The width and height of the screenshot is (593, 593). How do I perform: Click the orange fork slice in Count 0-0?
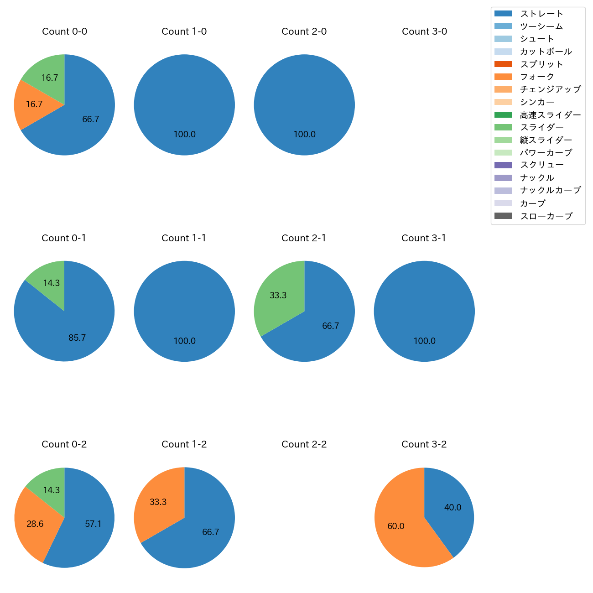(x=34, y=104)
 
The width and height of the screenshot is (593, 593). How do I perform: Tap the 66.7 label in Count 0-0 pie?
(x=90, y=120)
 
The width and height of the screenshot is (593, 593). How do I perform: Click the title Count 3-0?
(x=424, y=31)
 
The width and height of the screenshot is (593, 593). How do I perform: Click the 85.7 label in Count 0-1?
(x=77, y=338)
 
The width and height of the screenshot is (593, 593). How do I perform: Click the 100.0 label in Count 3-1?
(x=424, y=341)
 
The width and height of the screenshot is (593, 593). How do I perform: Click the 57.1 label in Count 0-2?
(x=93, y=524)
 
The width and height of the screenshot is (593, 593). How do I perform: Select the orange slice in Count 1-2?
(x=158, y=502)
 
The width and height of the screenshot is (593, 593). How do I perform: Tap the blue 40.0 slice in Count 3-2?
(x=452, y=508)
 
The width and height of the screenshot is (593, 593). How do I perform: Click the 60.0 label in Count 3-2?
(x=395, y=526)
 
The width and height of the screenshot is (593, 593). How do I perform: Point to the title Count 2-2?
(x=304, y=444)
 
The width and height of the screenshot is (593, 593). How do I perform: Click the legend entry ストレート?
(x=541, y=14)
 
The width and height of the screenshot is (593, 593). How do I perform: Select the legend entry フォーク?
(x=537, y=77)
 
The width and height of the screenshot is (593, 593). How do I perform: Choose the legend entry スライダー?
(x=541, y=127)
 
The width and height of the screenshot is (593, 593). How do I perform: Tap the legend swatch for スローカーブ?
(x=503, y=216)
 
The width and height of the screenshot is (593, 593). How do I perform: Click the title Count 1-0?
(x=184, y=31)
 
